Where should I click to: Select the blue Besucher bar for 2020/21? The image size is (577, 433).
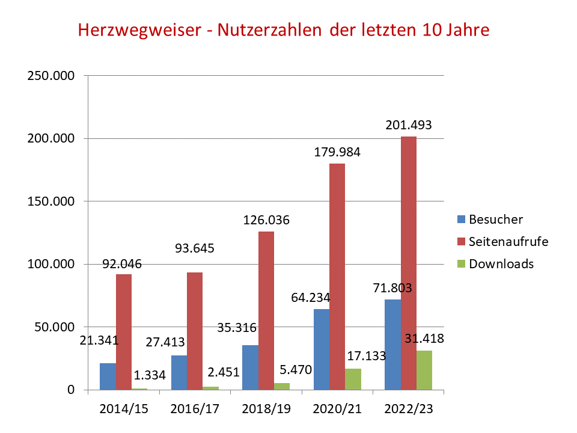point(321,349)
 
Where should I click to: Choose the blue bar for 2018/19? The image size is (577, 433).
point(250,367)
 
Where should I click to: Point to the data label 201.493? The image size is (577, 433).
point(409,125)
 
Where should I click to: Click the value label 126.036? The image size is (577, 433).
point(266,220)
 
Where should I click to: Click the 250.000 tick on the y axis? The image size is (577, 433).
point(53,76)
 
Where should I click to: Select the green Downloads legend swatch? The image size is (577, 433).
point(461,263)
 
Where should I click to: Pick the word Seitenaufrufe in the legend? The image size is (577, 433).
point(508,241)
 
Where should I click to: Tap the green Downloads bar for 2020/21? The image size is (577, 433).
point(353,379)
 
